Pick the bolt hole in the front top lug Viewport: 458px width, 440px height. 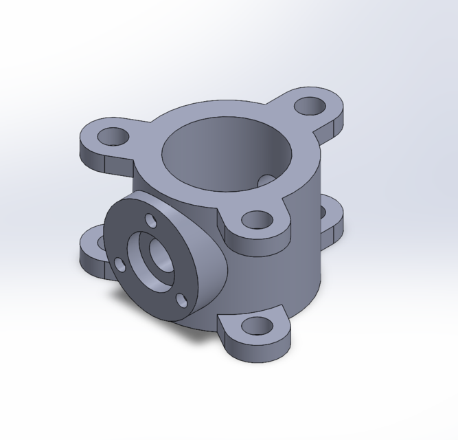pos(258,220)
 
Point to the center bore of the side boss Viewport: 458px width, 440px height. pos(152,258)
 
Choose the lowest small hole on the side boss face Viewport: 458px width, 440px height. pos(182,300)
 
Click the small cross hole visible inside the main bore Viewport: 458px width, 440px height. pos(268,179)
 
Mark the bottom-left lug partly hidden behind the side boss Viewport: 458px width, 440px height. pos(92,251)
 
